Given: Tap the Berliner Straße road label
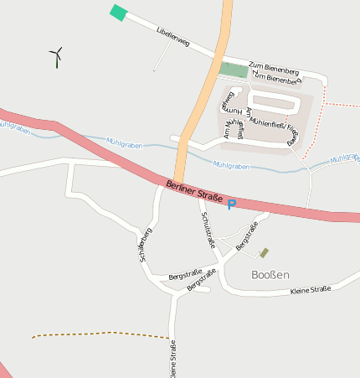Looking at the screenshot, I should (194, 192).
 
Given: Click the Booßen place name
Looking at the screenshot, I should (270, 274).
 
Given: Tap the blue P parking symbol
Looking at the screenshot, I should (232, 204).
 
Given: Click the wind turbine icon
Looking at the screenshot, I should (57, 57).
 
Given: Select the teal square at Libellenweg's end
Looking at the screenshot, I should (119, 13).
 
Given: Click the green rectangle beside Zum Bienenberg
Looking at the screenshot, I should (235, 70).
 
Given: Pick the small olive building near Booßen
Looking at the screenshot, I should (265, 252).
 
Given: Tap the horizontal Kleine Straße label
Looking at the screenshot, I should (310, 289).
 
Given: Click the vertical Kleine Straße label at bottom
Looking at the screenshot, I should (172, 359).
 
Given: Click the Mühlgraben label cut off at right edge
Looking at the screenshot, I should (344, 158).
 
